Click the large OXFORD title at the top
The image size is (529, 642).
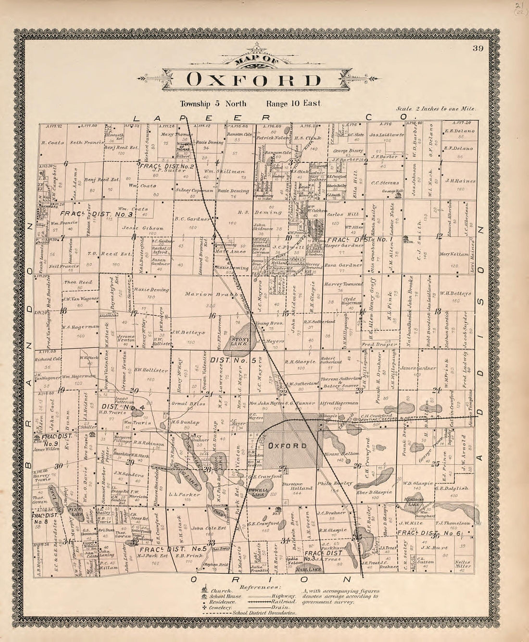tap(253, 80)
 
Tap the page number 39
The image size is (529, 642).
tap(477, 48)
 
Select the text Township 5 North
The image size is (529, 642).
tap(213, 103)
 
